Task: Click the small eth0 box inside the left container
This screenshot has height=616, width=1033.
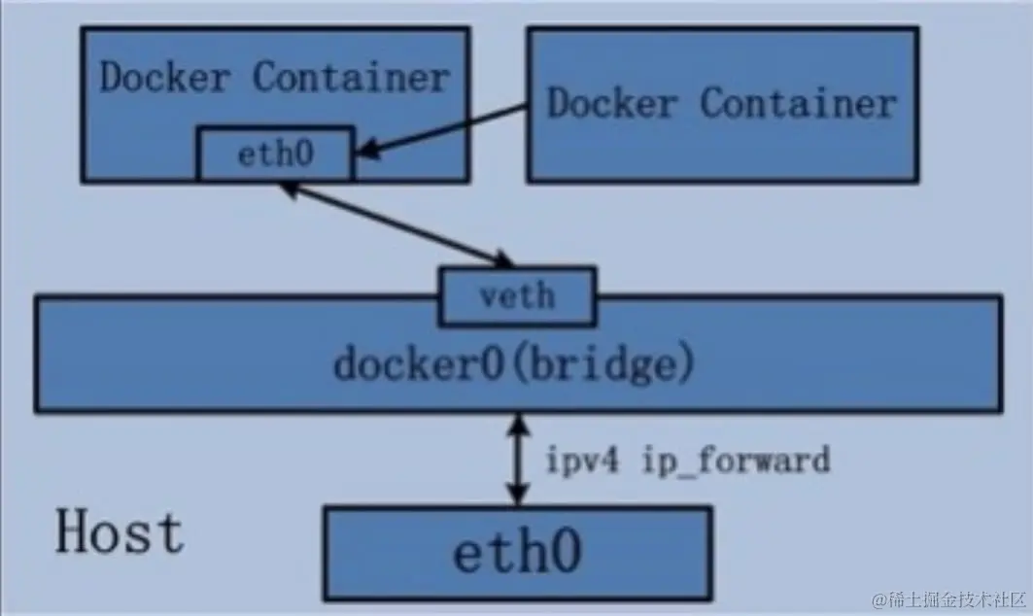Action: point(275,154)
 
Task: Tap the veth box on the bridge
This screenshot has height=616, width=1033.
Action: point(518,295)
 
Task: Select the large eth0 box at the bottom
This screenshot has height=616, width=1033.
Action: point(518,554)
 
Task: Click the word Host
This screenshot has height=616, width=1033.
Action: point(120,532)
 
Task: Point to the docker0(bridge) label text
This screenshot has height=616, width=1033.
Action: point(514,364)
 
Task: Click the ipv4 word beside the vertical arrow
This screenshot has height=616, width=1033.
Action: point(583,460)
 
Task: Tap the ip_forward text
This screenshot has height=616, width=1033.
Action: point(736,460)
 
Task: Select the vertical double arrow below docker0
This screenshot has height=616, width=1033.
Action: point(518,460)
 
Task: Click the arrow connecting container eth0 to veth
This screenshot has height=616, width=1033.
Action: point(397,225)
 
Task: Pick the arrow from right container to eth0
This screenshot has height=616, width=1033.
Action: point(441,130)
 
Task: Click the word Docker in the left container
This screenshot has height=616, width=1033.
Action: point(164,77)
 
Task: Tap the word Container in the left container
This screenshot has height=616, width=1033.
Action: point(351,77)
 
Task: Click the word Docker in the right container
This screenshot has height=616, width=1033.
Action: point(612,103)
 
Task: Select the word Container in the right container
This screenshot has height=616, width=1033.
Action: point(799,103)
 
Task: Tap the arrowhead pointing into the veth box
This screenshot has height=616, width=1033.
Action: point(503,259)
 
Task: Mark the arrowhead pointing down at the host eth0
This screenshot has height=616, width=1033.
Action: point(518,495)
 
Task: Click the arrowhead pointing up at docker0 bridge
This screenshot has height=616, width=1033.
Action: point(518,425)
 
